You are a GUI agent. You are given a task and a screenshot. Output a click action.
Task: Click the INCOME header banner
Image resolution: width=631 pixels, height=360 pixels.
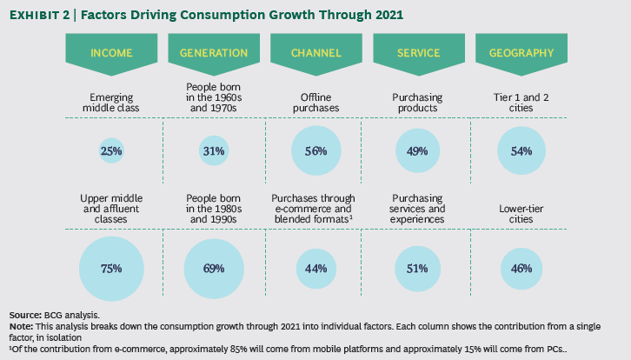coord(111,53)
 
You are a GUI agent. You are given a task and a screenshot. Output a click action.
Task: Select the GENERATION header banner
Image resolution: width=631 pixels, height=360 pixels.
coord(214,53)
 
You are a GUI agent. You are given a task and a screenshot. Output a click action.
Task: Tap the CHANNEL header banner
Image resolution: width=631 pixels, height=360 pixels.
coord(315,53)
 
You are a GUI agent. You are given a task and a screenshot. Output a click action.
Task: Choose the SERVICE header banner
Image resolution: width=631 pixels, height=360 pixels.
coord(418,53)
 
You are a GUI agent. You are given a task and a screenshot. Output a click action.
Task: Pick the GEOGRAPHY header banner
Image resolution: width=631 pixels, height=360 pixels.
coord(521,53)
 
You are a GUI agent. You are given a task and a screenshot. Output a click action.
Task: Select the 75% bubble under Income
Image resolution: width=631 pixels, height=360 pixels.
coord(111,268)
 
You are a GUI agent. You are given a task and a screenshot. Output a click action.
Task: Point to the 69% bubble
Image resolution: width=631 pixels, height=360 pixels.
coord(214,268)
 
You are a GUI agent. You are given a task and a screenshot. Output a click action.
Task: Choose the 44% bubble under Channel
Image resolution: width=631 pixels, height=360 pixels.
coord(315,268)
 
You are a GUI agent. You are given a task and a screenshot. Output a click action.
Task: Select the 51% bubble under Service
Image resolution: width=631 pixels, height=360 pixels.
coord(418,268)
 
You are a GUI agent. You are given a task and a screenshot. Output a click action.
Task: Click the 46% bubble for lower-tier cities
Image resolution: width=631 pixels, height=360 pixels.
coord(521,268)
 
